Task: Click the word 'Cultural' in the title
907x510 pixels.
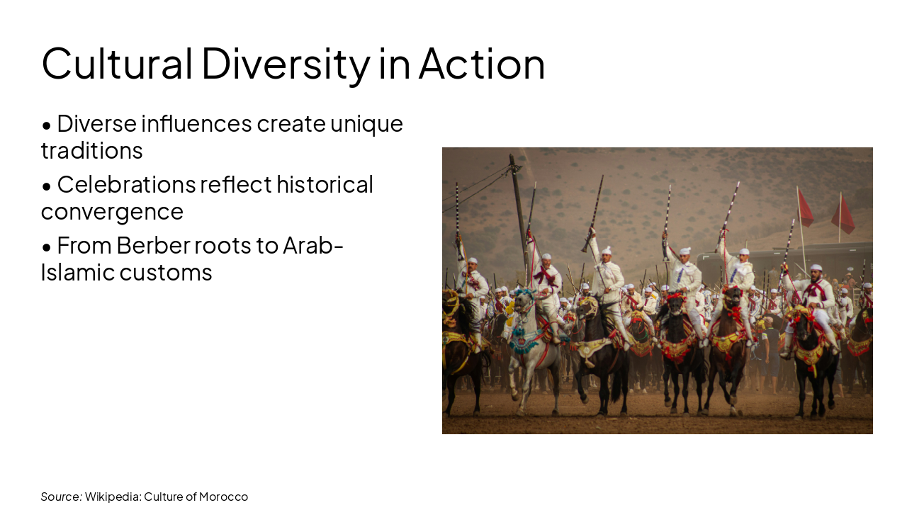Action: tap(117, 63)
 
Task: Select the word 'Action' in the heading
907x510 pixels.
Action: tap(482, 63)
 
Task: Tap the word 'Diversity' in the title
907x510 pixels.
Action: tap(285, 63)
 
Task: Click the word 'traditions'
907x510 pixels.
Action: tap(91, 150)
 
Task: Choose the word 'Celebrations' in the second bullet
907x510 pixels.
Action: tap(126, 185)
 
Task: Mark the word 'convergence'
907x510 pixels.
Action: tap(112, 211)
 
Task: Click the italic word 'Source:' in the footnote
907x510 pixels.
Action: tap(61, 497)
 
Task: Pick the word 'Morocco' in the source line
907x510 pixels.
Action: tap(223, 497)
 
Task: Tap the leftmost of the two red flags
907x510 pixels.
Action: tap(805, 209)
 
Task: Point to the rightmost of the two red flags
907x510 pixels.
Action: tap(844, 215)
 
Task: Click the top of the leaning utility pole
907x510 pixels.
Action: tap(514, 160)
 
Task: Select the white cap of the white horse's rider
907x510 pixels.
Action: tap(546, 256)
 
